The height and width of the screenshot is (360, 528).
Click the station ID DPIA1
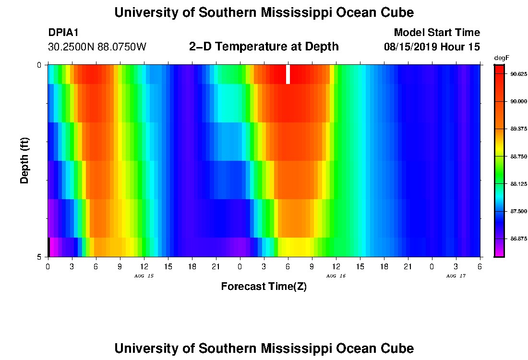(x=63, y=33)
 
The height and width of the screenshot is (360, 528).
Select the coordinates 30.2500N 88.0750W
(x=97, y=47)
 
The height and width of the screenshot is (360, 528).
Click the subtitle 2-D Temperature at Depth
(x=264, y=47)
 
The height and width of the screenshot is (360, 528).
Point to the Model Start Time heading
(x=436, y=33)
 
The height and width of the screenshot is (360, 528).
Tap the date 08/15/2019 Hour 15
(x=432, y=47)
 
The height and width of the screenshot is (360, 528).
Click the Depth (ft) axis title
(x=25, y=161)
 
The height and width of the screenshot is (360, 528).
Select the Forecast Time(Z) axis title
(x=264, y=287)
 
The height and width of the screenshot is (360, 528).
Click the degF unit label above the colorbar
(x=501, y=58)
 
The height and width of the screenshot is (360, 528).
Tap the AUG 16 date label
(x=336, y=276)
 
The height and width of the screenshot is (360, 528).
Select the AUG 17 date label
(x=456, y=276)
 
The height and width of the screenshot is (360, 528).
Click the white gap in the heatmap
(x=288, y=74)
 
